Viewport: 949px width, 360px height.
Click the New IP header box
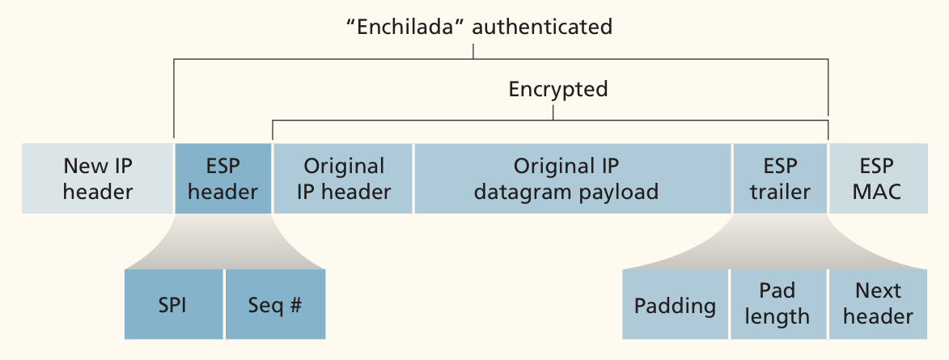click(97, 179)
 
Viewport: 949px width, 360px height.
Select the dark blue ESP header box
click(222, 179)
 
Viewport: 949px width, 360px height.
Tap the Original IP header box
click(343, 179)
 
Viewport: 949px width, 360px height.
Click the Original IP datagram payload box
click(573, 179)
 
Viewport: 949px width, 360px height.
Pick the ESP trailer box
click(780, 179)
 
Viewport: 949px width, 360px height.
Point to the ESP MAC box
click(878, 179)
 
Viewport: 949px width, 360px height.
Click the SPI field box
click(174, 304)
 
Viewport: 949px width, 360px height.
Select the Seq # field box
click(275, 304)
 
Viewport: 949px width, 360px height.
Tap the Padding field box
click(676, 304)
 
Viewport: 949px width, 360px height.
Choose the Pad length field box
click(779, 304)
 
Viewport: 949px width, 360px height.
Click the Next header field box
click(878, 304)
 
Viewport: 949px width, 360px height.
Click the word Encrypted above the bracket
click(558, 90)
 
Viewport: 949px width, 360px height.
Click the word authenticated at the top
click(542, 28)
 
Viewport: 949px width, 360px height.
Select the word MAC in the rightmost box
click(878, 193)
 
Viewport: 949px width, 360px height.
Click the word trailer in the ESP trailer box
click(780, 193)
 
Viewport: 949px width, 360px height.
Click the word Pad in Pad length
click(777, 291)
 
